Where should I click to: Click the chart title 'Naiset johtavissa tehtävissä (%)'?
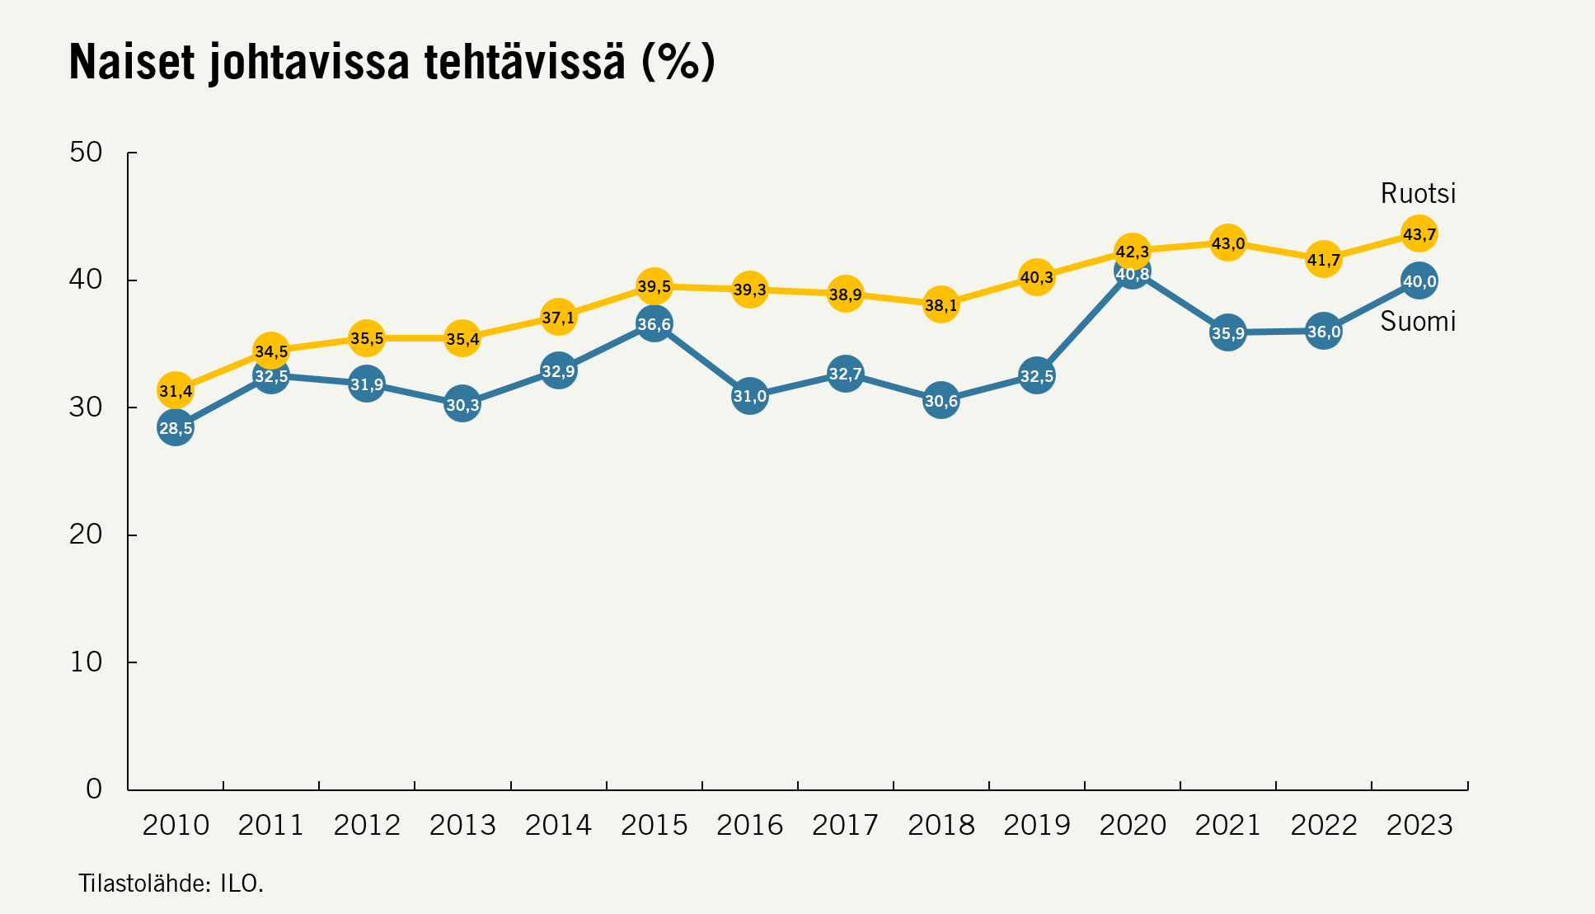pos(392,62)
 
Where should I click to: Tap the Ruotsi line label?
pos(1418,194)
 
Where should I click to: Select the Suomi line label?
pos(1418,321)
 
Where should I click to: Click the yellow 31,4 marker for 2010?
pos(176,390)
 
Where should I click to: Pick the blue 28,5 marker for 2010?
pos(176,428)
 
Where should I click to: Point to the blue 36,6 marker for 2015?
pos(654,324)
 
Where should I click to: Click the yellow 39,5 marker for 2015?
pos(654,286)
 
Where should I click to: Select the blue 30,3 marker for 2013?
pos(462,404)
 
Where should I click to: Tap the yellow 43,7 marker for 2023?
pos(1419,234)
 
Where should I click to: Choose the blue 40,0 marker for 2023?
pos(1419,281)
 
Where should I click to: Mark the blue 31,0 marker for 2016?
pos(749,396)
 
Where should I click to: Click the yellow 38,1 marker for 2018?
pos(941,305)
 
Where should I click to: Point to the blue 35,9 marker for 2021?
pos(1227,333)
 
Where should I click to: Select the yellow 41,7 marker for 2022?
pos(1323,260)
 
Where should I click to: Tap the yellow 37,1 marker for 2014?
pos(558,317)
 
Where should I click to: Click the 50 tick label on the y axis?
pos(86,153)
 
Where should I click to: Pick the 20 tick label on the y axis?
pos(86,535)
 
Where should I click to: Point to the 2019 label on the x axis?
pos(1036,825)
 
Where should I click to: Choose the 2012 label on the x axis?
pos(367,825)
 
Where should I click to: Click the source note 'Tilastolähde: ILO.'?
pos(171,883)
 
